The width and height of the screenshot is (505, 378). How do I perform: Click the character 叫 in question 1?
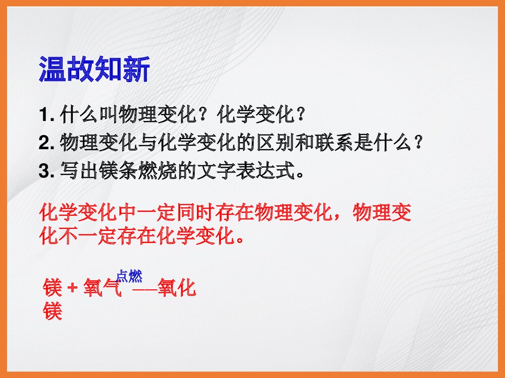pos(108,116)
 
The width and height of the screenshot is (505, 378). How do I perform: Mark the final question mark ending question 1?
pos(301,116)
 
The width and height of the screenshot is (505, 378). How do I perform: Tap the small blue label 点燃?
pos(129,276)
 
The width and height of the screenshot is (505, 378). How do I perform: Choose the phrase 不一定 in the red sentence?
pos(88,235)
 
